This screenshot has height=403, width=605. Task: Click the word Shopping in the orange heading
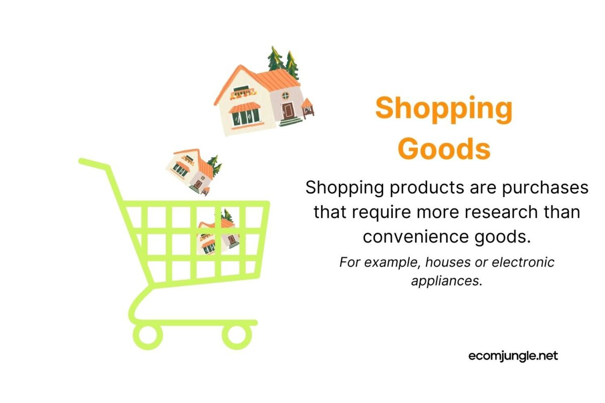coord(444,108)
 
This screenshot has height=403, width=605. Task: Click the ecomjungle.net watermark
coord(513,356)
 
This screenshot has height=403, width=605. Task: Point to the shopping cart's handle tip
coord(84,162)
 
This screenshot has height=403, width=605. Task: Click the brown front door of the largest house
coord(288,110)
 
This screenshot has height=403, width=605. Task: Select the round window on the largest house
coord(285,94)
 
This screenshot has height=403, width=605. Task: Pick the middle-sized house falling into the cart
coord(194,170)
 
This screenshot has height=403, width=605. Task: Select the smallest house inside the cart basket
coord(218,235)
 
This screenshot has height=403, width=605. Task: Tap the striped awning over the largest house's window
coord(245,107)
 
